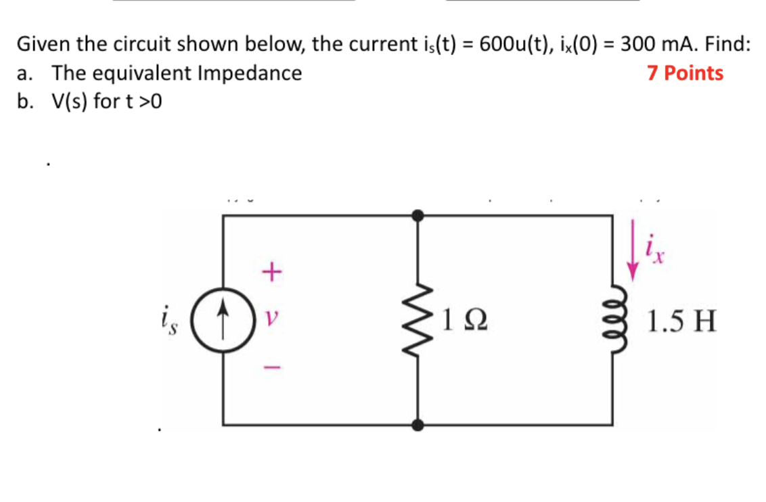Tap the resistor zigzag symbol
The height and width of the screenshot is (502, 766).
(419, 320)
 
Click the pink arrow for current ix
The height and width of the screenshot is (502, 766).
(633, 258)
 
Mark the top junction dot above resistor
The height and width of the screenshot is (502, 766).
(419, 215)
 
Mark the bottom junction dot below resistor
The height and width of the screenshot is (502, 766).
(419, 425)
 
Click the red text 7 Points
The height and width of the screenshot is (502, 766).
(685, 73)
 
